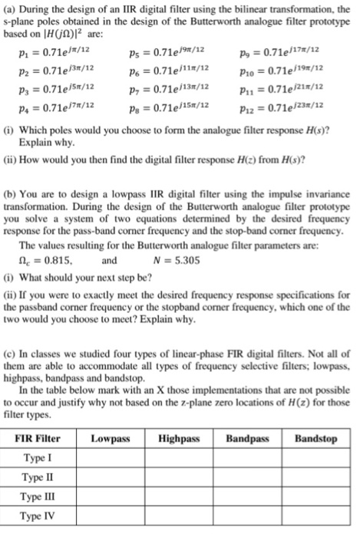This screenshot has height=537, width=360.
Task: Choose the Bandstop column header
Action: [316, 440]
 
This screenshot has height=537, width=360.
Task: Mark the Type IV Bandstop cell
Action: [316, 516]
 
